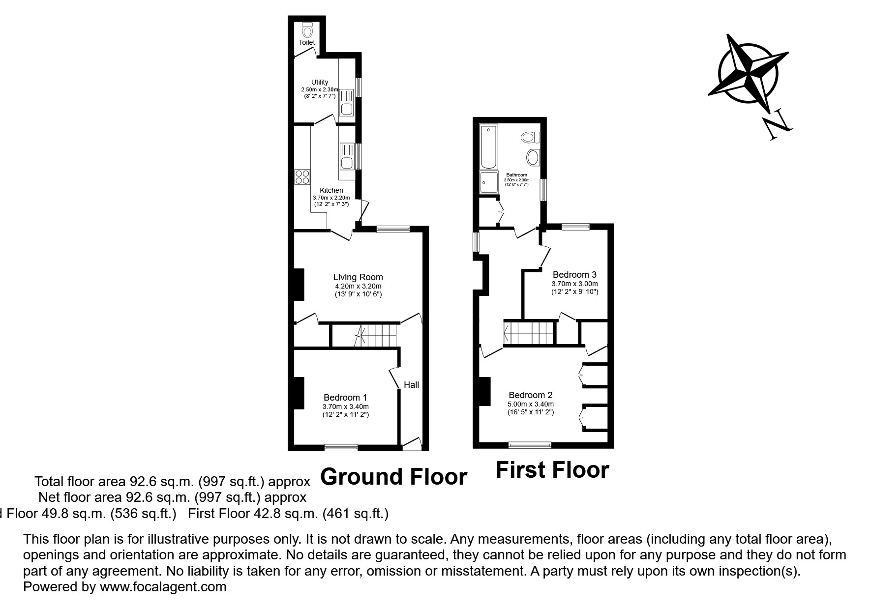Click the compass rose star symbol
[748, 74]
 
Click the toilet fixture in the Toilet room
[307, 30]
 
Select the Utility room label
[319, 82]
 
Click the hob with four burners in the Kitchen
[301, 176]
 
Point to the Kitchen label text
[331, 190]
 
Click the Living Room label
[358, 277]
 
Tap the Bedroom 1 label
[345, 398]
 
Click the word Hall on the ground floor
[411, 384]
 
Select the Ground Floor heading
[393, 477]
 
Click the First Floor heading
[552, 470]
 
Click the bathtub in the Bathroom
[488, 146]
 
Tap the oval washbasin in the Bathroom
[533, 158]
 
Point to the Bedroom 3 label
[574, 274]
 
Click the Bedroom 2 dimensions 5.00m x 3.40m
[530, 404]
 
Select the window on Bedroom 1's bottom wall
[341, 447]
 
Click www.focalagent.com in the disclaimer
[163, 587]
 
